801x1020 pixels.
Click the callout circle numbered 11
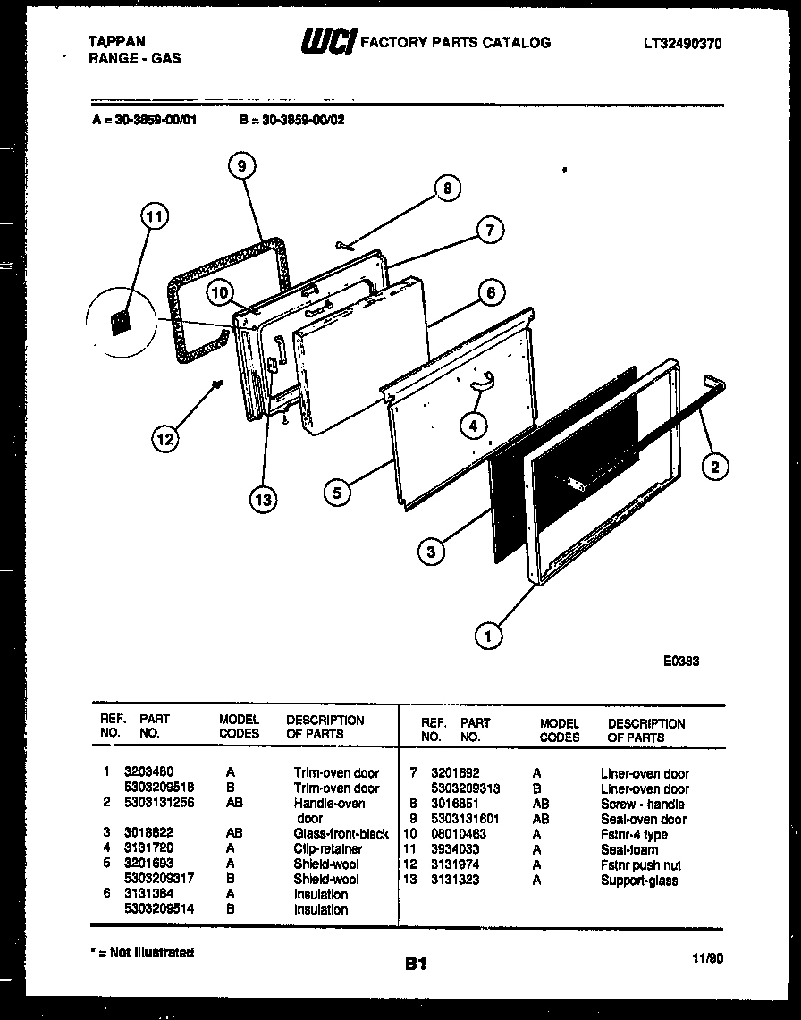(155, 217)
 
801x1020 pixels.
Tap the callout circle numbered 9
(241, 164)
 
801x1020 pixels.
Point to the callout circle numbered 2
(713, 465)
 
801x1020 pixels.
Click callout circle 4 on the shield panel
(474, 426)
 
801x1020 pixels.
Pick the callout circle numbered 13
(262, 499)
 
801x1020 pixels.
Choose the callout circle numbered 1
(488, 636)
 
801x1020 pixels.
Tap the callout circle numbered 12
(164, 438)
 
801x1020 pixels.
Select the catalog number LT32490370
(681, 43)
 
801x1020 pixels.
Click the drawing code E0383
(680, 662)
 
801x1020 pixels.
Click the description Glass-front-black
(341, 833)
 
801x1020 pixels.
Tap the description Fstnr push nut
(640, 864)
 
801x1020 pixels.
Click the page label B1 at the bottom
(415, 963)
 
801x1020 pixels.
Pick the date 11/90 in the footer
(707, 958)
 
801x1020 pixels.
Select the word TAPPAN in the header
(118, 42)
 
